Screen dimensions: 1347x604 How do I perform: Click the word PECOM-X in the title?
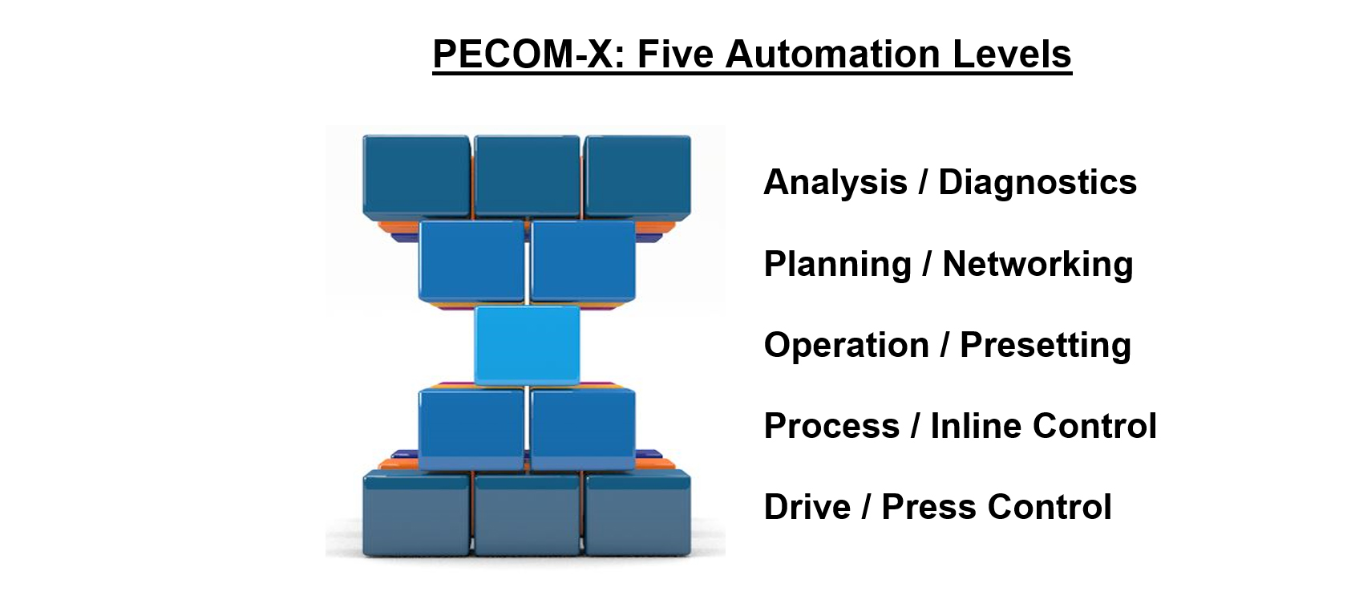tap(529, 55)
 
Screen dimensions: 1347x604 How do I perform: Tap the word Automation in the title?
tap(833, 55)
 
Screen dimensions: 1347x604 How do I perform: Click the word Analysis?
tap(835, 182)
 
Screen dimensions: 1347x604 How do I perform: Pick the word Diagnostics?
tap(1038, 182)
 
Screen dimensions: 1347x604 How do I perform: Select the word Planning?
tap(838, 265)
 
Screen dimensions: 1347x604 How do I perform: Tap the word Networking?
tap(1038, 265)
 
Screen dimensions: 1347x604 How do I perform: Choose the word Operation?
tap(847, 345)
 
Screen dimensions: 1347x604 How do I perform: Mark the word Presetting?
tap(1046, 345)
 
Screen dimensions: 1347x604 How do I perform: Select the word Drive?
tap(807, 507)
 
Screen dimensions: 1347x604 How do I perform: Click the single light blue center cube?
tap(528, 345)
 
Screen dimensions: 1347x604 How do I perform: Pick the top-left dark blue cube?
tap(417, 176)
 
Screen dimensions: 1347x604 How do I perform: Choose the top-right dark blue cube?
tap(638, 176)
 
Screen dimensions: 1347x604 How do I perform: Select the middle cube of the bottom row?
tap(528, 513)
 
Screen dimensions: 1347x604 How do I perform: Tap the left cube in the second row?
tap(471, 261)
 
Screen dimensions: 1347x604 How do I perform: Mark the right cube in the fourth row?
tap(584, 430)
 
